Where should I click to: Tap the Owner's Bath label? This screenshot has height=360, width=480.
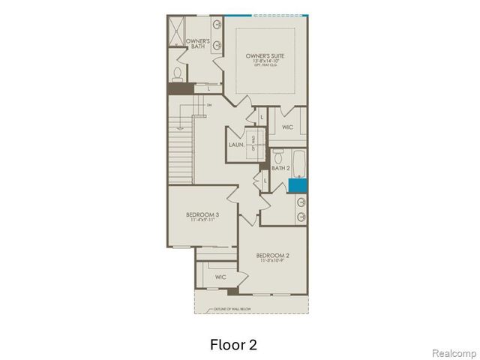click(x=197, y=43)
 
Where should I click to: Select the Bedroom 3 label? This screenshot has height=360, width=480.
click(x=202, y=214)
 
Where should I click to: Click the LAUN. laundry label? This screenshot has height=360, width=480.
click(x=236, y=144)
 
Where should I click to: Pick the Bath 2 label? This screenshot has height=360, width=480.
click(x=280, y=169)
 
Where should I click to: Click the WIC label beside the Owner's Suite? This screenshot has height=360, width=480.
click(x=287, y=127)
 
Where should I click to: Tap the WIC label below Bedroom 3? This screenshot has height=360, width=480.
click(x=220, y=277)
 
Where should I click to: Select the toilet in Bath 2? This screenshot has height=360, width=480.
click(x=277, y=157)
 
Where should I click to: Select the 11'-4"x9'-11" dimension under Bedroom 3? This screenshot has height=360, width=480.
click(x=202, y=220)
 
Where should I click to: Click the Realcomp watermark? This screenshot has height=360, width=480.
click(x=456, y=352)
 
